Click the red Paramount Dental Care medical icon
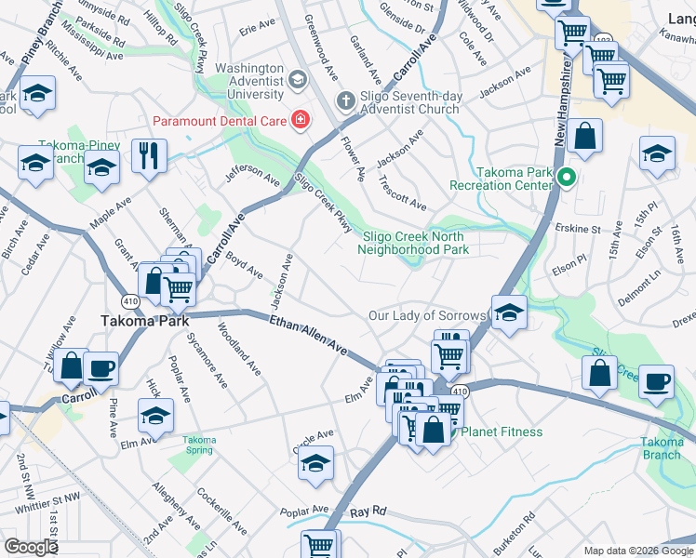tap(301, 119)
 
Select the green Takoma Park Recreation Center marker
tap(565, 174)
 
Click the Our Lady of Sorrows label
tap(426, 316)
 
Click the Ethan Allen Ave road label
tap(308, 335)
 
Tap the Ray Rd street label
tap(368, 512)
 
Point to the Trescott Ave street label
tap(402, 193)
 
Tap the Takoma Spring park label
tap(198, 445)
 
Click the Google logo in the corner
tap(31, 547)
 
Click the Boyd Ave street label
tap(245, 266)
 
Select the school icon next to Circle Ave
tap(316, 462)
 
